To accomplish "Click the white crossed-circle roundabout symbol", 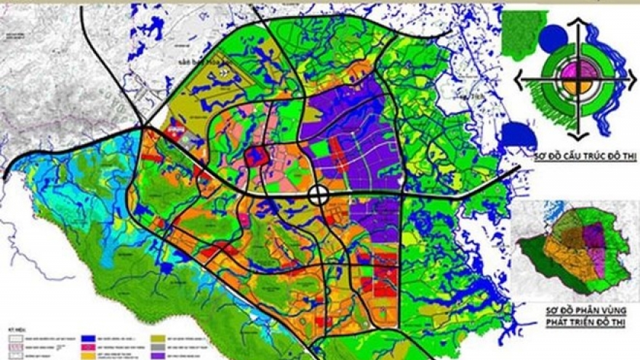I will click(x=318, y=194).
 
